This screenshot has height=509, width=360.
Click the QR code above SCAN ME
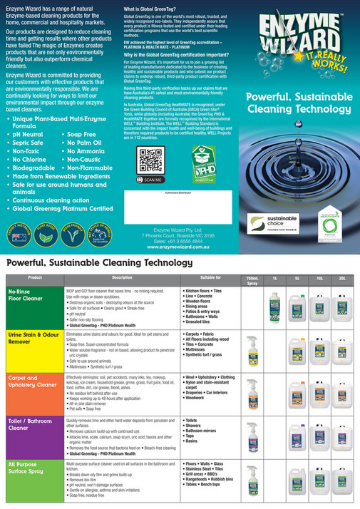pyautogui.click(x=150, y=160)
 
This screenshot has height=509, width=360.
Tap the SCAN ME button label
pyautogui.click(x=151, y=180)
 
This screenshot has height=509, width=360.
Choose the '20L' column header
pyautogui.click(x=342, y=277)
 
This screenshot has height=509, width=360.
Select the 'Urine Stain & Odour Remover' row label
pyautogui.click(x=32, y=337)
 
